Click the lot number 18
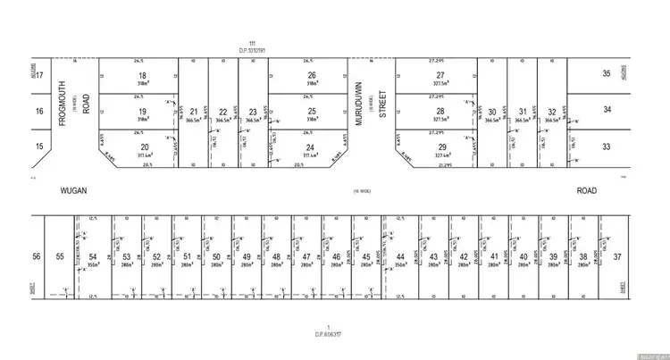[x=141, y=76]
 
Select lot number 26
[x=311, y=75]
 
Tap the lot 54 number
[x=94, y=255]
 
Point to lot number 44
[x=400, y=256]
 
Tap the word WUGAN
[x=72, y=190]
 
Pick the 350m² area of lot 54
[x=94, y=265]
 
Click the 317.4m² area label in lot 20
[x=141, y=154]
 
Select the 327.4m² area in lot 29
[x=440, y=154]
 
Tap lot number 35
[x=607, y=73]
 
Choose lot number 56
[x=37, y=255]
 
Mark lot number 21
[x=194, y=112]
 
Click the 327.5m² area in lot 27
[x=440, y=85]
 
